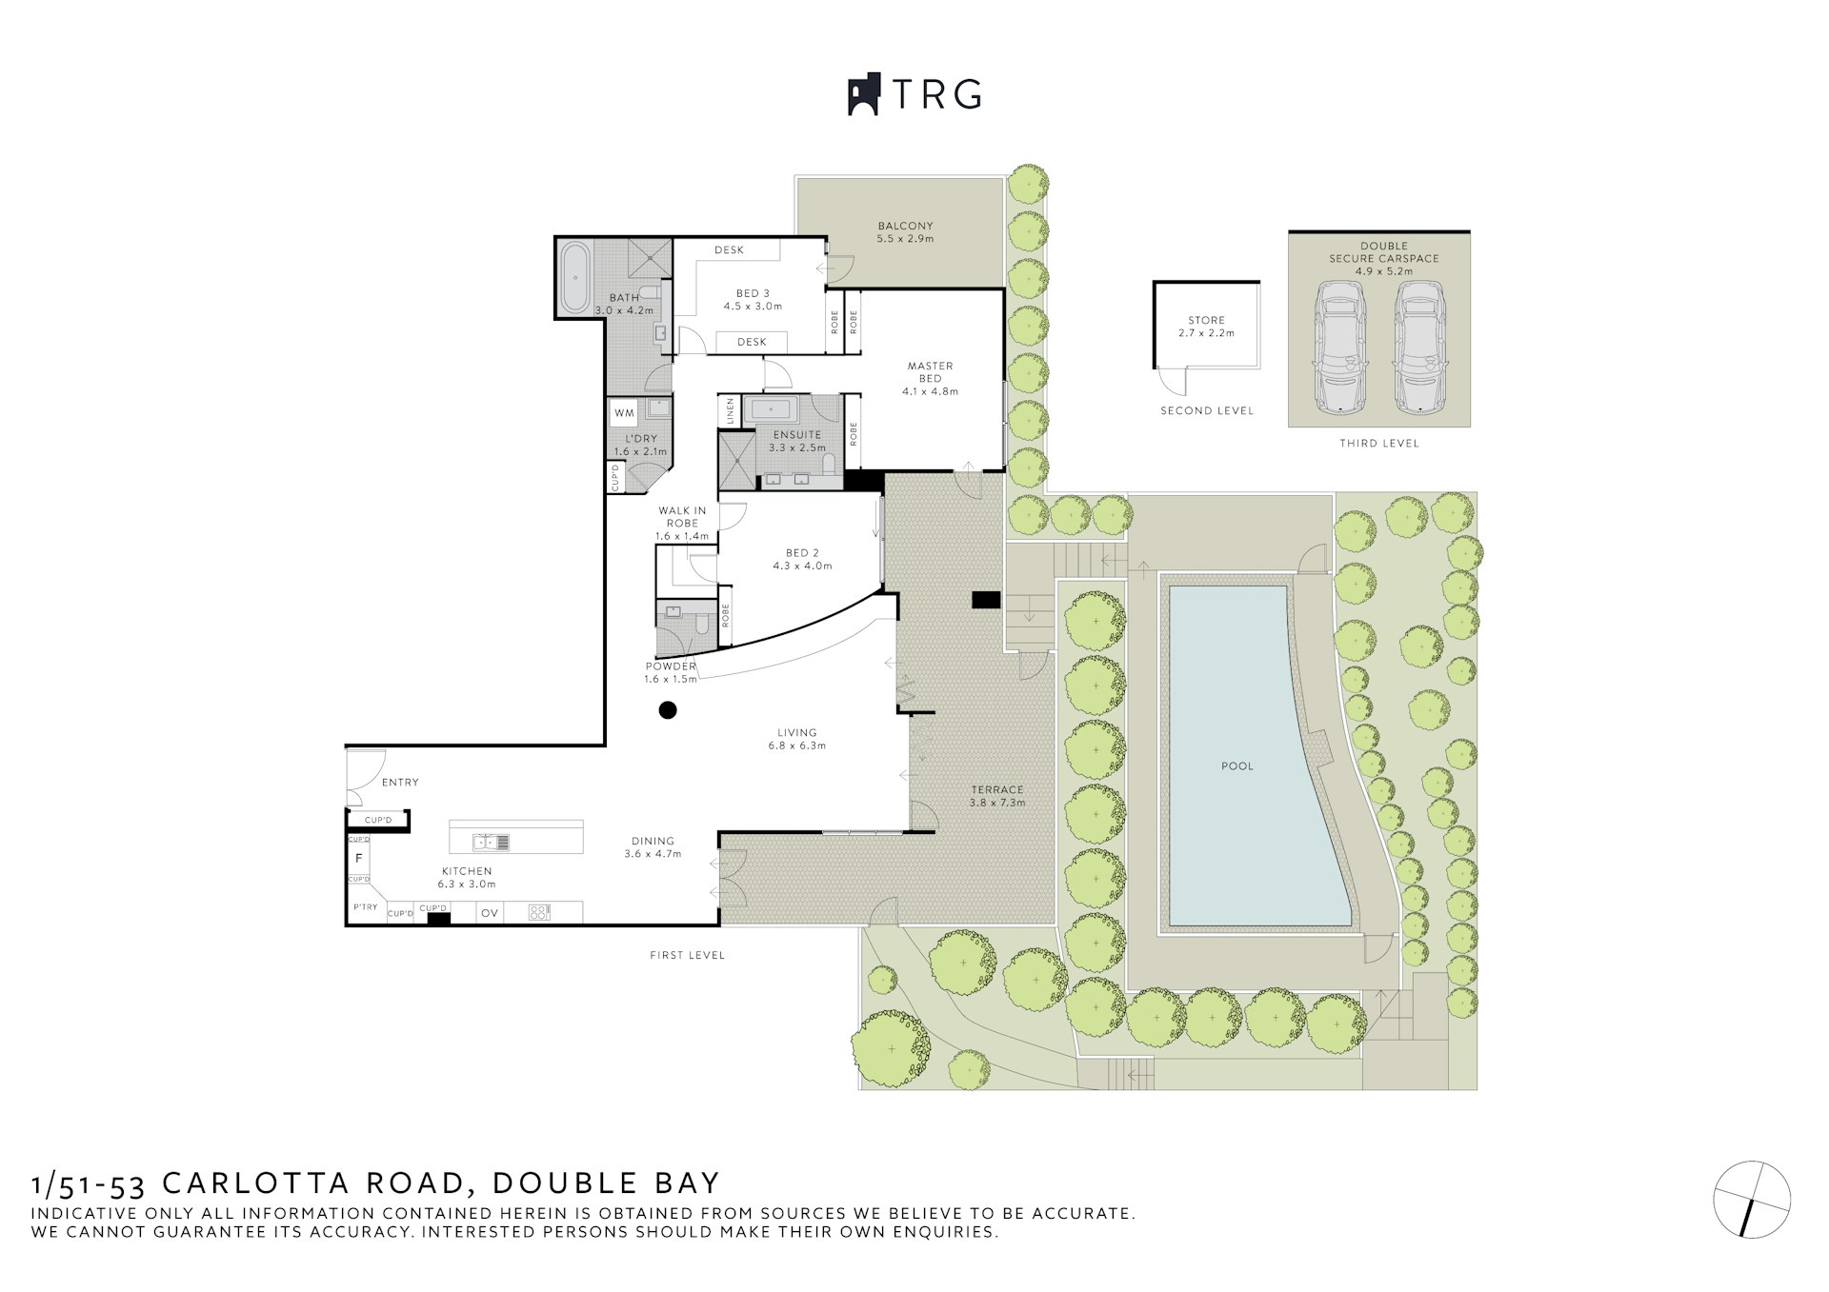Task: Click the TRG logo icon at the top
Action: click(863, 95)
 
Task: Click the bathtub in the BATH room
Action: click(573, 279)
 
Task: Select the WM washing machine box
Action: click(624, 413)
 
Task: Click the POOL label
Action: click(1237, 765)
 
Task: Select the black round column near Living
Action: click(668, 709)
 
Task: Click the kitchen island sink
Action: click(492, 842)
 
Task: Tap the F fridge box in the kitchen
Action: click(359, 859)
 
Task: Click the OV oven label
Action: click(490, 913)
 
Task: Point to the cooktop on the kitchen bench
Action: click(540, 912)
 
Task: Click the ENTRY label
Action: click(400, 783)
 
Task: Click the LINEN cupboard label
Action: click(731, 412)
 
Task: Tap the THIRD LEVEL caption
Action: click(1378, 444)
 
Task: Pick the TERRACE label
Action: click(996, 789)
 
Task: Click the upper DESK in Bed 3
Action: click(729, 249)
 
